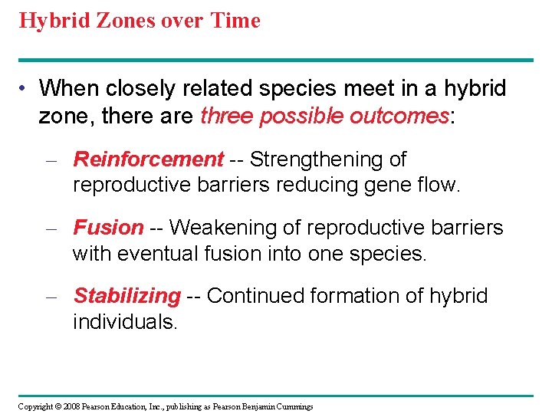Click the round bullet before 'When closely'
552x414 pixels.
[x=25, y=89]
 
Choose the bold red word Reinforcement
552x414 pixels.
[x=148, y=159]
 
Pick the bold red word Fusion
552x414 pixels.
[x=108, y=228]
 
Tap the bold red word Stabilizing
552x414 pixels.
[x=127, y=296]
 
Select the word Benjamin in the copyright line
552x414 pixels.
[x=251, y=406]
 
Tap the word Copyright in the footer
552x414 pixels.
[x=36, y=406]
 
